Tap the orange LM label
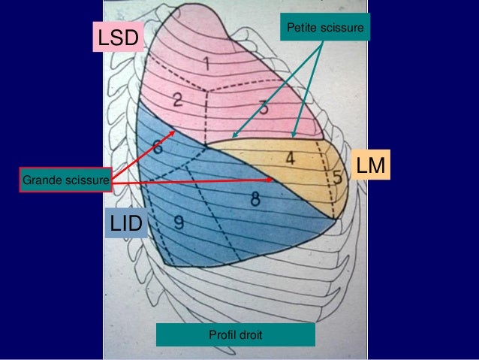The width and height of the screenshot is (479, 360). [372, 168]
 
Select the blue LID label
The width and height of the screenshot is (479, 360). [127, 223]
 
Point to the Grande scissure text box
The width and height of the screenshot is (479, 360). [66, 180]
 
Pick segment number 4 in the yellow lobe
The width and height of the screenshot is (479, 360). [290, 159]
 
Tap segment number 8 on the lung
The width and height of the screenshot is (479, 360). [255, 199]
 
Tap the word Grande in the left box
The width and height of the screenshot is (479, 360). [41, 180]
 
